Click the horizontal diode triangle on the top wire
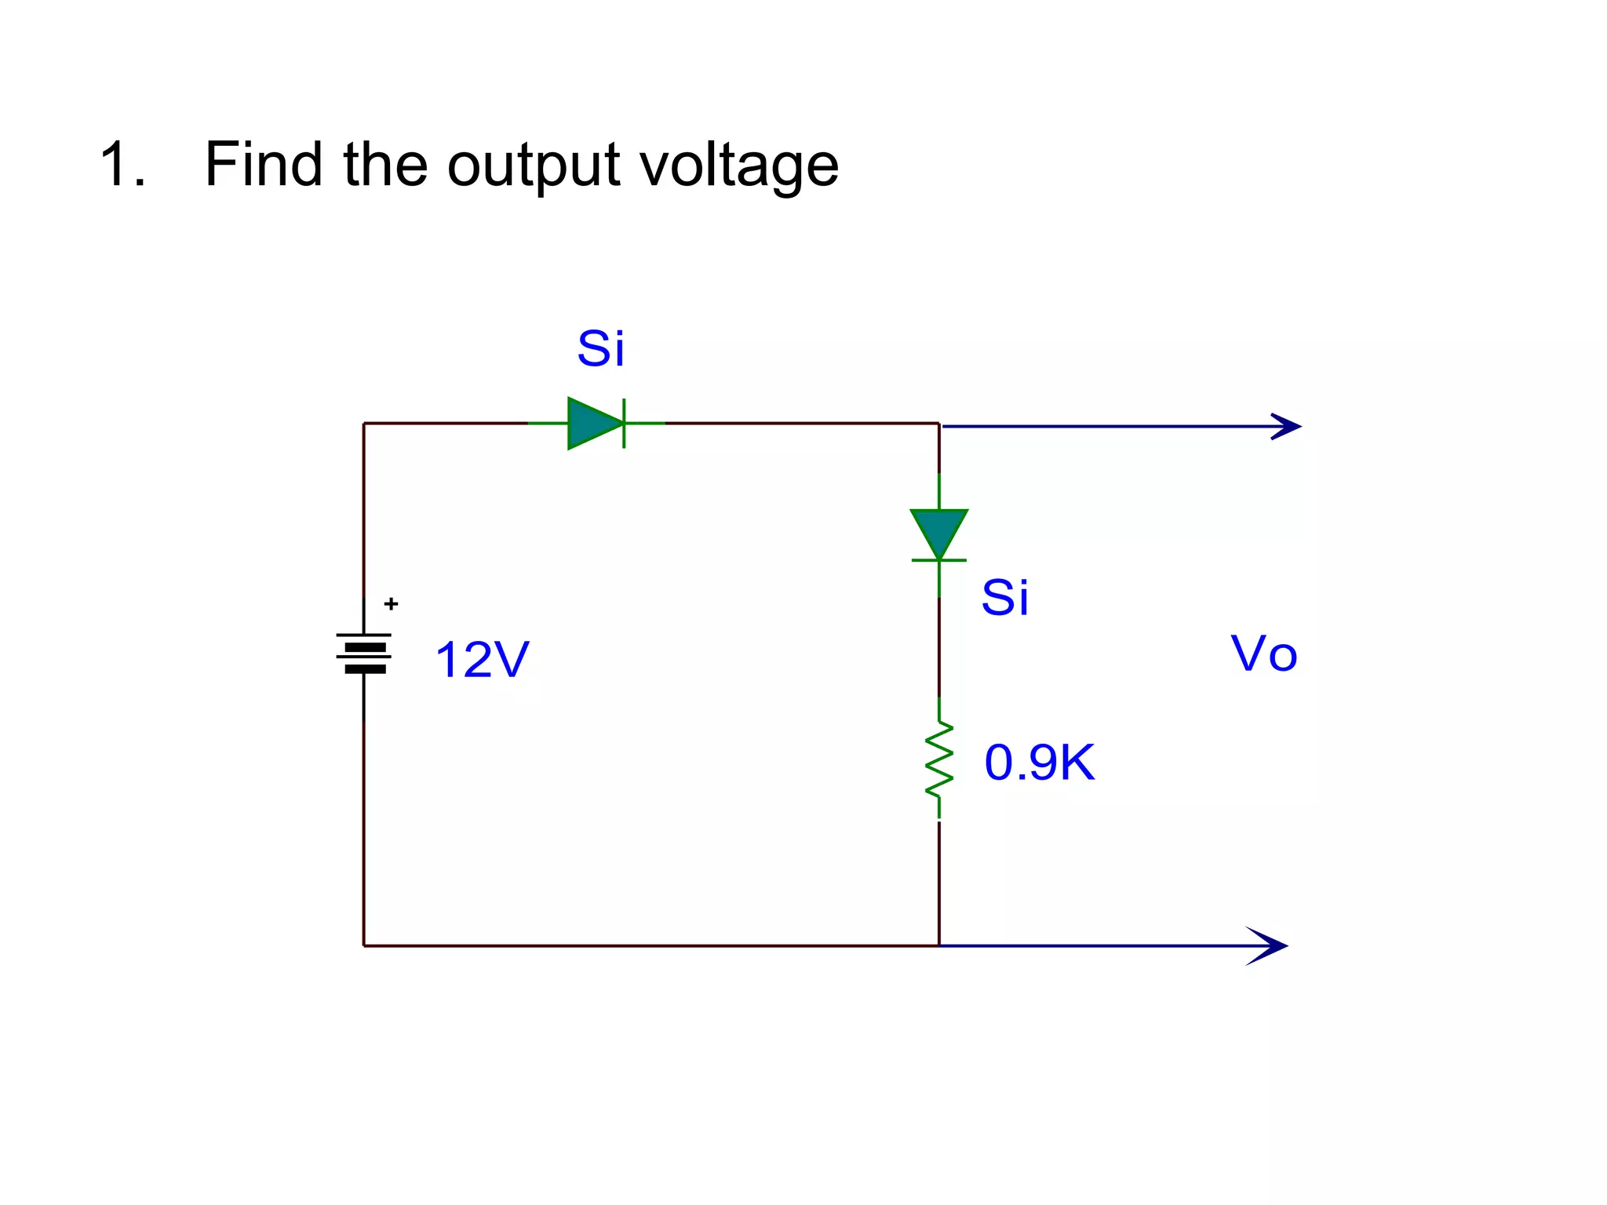593,424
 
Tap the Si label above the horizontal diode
600,348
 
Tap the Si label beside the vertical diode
1004,597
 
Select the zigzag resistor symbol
939,759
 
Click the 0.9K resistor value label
1039,762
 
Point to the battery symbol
364,653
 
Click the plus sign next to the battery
391,604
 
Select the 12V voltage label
482,660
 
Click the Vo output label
1263,653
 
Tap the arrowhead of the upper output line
1287,427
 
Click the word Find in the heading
263,165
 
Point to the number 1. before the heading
122,165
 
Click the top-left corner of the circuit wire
364,424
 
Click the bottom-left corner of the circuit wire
364,946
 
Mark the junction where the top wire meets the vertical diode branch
939,424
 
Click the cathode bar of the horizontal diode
624,424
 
